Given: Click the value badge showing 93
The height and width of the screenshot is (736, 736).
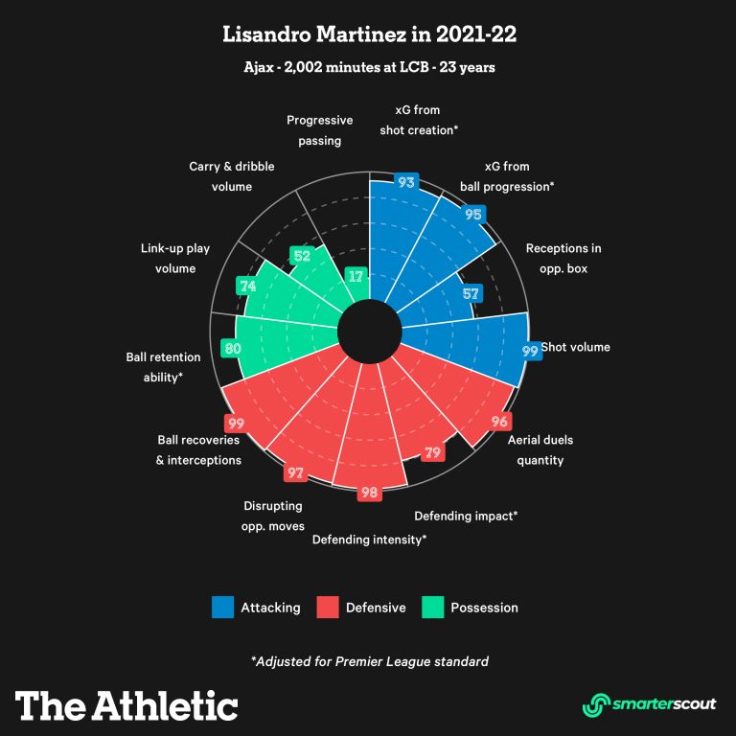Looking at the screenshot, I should (405, 181).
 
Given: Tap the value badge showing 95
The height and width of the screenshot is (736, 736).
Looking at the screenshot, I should (472, 215).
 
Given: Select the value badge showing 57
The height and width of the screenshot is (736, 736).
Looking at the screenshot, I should (470, 293).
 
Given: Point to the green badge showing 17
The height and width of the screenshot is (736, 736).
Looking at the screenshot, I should (356, 276).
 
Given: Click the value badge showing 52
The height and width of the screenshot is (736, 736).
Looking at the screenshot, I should (301, 256).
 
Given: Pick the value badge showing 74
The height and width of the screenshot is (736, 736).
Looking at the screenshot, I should (248, 286).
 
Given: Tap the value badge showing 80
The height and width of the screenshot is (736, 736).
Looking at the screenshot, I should (231, 348).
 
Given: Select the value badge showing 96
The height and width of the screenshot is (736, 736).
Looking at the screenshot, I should (499, 421).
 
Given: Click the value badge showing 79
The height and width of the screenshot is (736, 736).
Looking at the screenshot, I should (433, 452).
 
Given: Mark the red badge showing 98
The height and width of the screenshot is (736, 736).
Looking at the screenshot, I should (369, 493).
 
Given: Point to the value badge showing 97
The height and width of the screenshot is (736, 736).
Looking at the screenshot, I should (295, 472).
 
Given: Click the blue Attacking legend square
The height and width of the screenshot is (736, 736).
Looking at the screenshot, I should (222, 608).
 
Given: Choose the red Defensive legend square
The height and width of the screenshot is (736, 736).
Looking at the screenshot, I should (328, 608).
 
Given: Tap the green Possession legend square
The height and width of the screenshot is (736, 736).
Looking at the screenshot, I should (432, 608).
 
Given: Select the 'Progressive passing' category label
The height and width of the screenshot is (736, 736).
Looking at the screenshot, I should (320, 129).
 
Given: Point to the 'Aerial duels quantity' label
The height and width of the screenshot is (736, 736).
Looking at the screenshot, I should (541, 449).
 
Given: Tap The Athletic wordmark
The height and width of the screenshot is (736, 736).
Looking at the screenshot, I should (126, 705).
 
